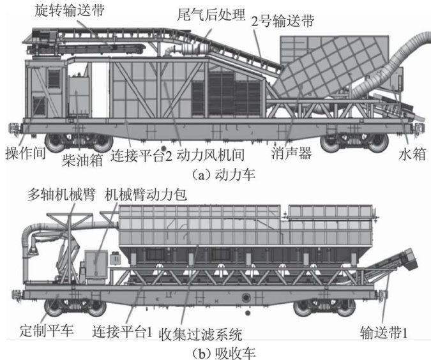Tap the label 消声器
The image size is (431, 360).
point(291,155)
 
